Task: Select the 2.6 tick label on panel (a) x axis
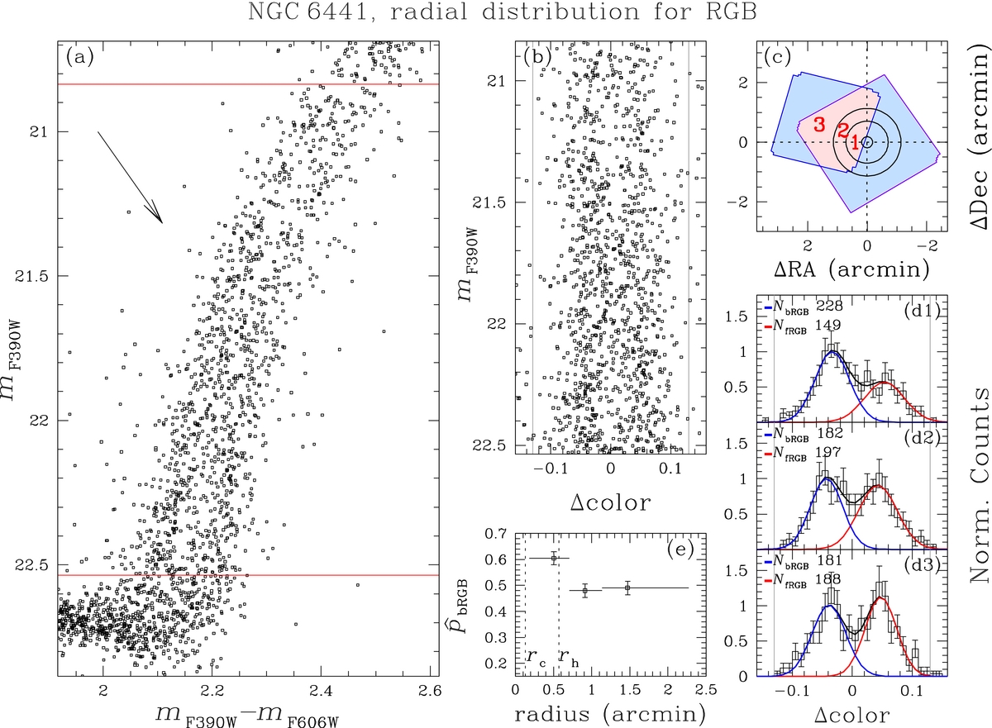pos(430,690)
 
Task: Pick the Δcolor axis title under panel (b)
pos(610,502)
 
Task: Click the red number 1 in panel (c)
pos(854,142)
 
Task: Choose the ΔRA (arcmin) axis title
pos(865,269)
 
